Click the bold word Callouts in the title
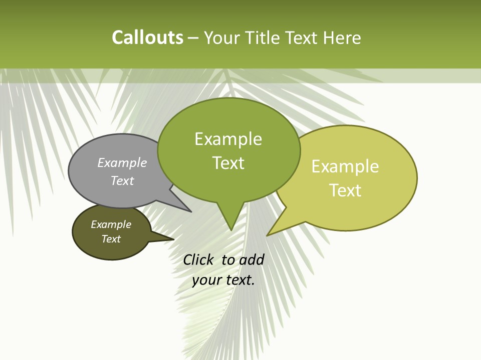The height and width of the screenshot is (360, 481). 147,37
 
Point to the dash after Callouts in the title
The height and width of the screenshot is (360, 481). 193,38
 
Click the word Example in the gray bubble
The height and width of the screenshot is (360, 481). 122,162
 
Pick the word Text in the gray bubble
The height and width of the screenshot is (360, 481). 122,180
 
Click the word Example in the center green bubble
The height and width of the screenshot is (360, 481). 228,139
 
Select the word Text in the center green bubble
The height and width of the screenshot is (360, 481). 228,163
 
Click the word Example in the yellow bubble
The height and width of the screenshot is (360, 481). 345,166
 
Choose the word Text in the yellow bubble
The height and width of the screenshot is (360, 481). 345,190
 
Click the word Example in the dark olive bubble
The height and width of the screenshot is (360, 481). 111,224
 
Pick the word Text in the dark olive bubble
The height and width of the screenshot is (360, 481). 111,239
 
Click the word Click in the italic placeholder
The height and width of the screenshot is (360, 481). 198,259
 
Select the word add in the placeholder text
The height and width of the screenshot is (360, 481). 252,259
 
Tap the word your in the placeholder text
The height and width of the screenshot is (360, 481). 206,280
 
